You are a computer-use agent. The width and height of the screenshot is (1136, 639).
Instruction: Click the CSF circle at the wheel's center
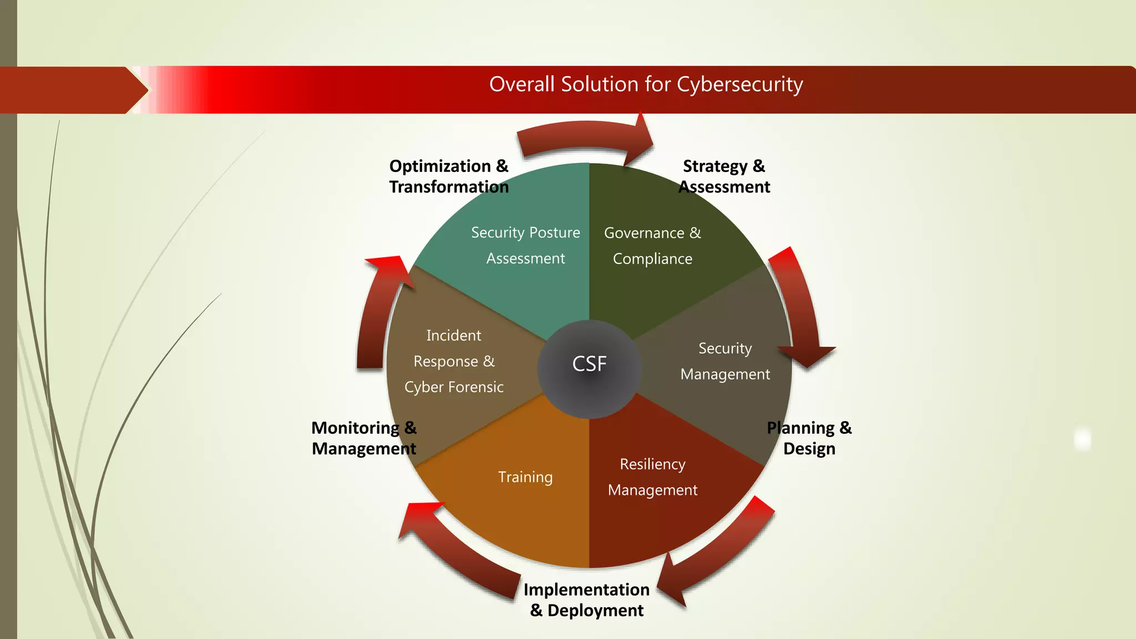tap(589, 364)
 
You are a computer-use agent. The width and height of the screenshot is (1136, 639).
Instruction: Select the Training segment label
tap(525, 477)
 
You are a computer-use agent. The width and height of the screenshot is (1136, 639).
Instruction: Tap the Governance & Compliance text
tap(652, 246)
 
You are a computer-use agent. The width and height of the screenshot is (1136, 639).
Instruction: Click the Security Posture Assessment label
tap(525, 245)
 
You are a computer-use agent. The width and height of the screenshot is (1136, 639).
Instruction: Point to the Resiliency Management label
tap(652, 477)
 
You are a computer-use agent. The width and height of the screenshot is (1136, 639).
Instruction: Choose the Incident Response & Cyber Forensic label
tap(454, 361)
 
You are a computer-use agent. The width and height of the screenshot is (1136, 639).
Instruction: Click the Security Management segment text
tap(725, 361)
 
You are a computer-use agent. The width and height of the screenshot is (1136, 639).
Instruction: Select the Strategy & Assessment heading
tap(724, 176)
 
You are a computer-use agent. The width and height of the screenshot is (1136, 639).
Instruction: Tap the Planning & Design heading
tap(809, 438)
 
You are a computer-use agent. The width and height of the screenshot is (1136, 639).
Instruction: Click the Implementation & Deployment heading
tap(587, 600)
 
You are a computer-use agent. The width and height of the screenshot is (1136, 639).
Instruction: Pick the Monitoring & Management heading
tap(364, 438)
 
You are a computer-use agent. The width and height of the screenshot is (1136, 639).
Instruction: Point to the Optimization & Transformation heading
tap(449, 176)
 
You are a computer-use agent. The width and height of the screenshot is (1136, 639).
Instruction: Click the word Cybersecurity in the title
tap(740, 84)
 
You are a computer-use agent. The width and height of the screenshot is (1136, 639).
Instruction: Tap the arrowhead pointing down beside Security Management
tap(807, 355)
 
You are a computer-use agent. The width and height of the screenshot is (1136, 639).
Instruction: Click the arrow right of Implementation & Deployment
tap(716, 555)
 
